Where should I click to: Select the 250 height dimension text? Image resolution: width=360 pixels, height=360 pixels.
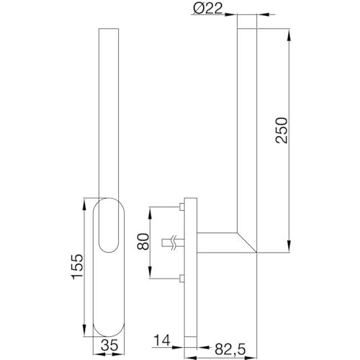point(282,130)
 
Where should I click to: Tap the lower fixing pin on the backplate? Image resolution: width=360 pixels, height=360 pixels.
point(180,279)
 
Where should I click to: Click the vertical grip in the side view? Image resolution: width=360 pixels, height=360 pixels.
point(246,130)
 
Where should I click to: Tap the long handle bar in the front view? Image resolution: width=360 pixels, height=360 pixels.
point(107,108)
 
